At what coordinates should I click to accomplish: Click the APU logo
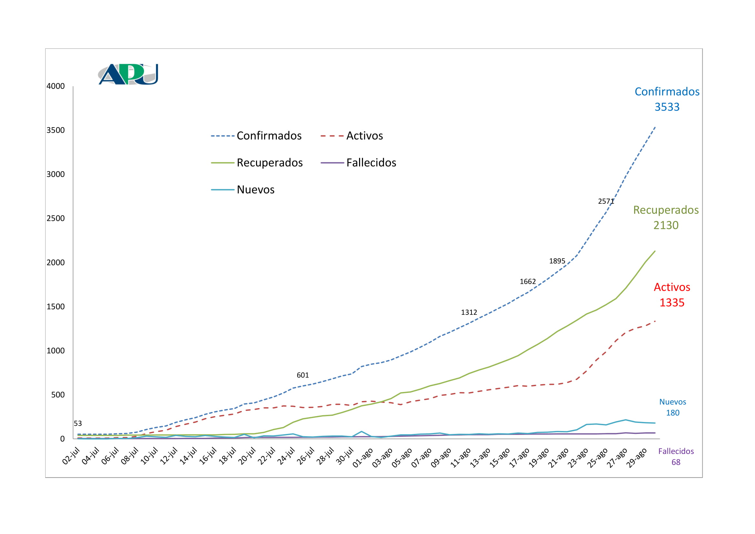click(x=128, y=74)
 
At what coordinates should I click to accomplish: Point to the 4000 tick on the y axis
click(x=56, y=86)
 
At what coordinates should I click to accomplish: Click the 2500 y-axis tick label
click(x=56, y=218)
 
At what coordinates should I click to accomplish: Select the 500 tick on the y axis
click(x=58, y=395)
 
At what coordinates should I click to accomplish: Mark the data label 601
click(x=303, y=375)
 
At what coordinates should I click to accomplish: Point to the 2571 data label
click(x=606, y=201)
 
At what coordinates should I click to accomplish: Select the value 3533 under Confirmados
click(x=667, y=107)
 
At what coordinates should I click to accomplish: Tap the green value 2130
click(x=666, y=225)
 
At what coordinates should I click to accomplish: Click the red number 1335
click(x=672, y=303)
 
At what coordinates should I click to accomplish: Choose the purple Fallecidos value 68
click(x=676, y=462)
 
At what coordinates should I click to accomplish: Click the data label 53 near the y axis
click(x=78, y=424)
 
